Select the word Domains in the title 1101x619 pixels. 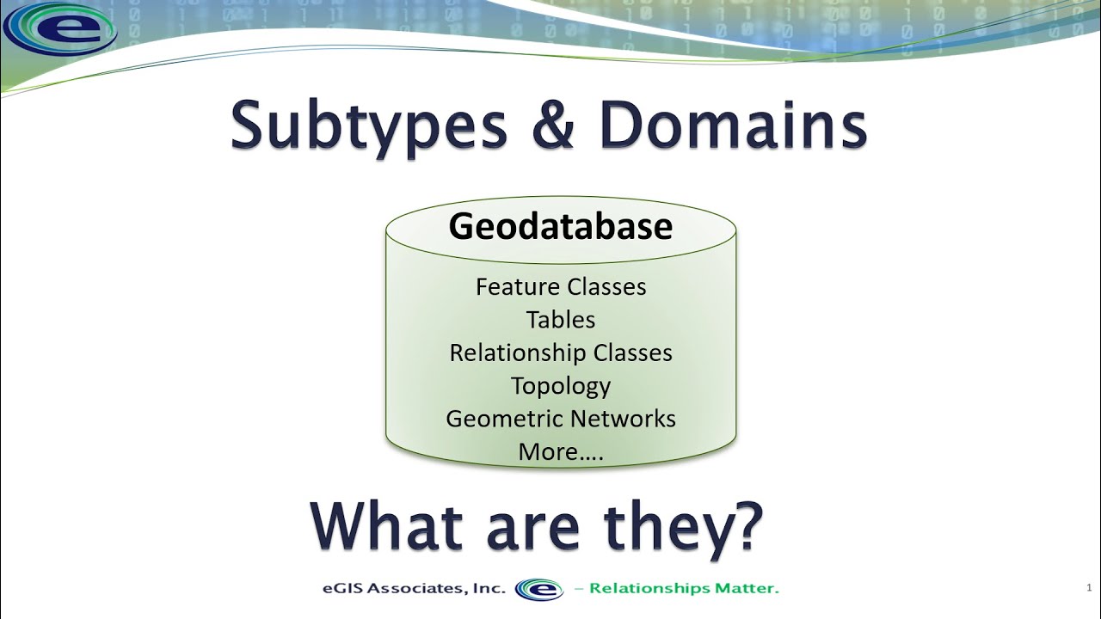click(733, 126)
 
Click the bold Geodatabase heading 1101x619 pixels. click(561, 226)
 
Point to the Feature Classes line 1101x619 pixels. click(561, 286)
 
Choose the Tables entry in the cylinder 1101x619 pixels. click(561, 320)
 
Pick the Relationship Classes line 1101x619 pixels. click(561, 352)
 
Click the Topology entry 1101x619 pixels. click(561, 386)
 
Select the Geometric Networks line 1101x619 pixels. click(561, 419)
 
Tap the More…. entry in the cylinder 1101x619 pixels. click(561, 451)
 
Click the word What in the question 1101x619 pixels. click(388, 526)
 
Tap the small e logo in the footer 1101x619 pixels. click(538, 589)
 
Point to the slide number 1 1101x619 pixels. click(1089, 588)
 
